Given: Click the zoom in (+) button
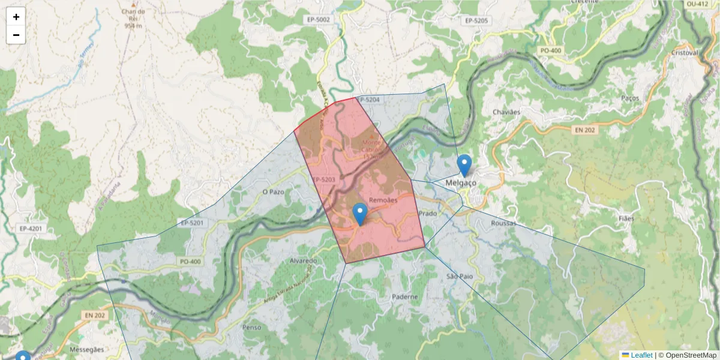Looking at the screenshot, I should (x=16, y=17).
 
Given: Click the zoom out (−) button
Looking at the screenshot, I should (x=16, y=35).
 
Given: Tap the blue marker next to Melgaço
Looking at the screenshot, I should (x=464, y=165).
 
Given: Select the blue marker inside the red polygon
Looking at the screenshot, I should (x=359, y=214).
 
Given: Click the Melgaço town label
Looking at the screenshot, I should (x=461, y=182).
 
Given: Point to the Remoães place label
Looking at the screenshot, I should (x=383, y=200).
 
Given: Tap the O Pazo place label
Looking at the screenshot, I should (x=273, y=192).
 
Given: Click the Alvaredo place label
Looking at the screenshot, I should (x=303, y=261).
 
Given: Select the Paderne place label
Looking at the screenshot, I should (x=405, y=296).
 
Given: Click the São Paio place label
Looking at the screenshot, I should (x=460, y=276).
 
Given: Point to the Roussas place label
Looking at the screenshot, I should (x=503, y=223).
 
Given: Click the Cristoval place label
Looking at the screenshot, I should (x=685, y=53).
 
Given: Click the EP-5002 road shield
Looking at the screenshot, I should (x=318, y=20).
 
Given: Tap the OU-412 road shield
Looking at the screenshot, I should (x=698, y=4).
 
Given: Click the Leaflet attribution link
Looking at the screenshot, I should (x=641, y=355).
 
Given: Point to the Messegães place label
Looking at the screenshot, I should (x=87, y=349).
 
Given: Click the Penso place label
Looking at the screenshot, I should (x=251, y=328).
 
